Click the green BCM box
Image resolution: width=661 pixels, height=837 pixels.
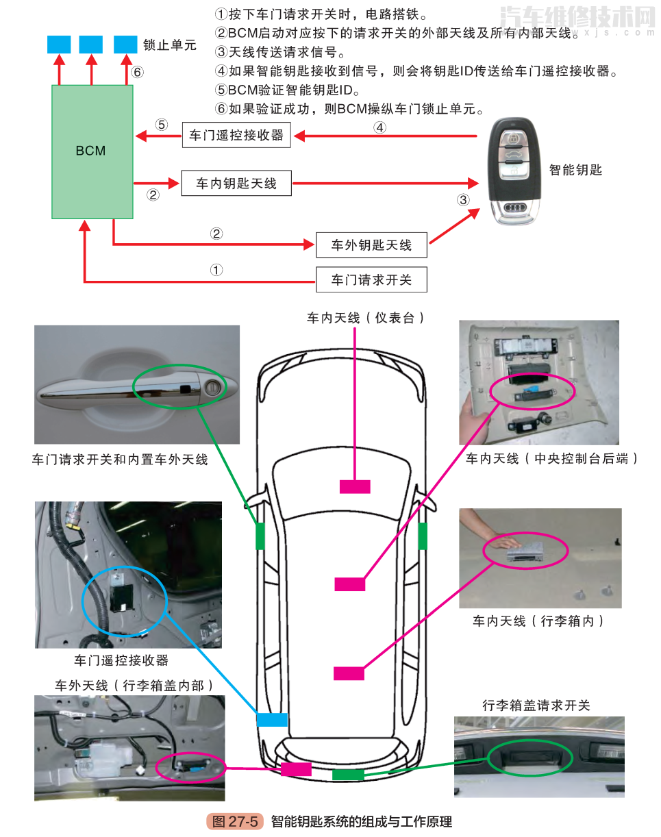(x=92, y=151)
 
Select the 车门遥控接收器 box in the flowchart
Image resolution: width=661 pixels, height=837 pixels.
(x=236, y=135)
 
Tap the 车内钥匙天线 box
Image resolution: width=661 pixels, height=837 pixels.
(x=236, y=183)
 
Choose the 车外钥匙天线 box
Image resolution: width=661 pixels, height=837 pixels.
(x=371, y=245)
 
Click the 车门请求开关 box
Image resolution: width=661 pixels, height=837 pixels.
(x=371, y=279)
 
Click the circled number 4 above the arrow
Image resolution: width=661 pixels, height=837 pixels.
(x=380, y=127)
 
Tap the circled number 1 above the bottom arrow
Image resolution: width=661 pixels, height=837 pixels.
(x=216, y=269)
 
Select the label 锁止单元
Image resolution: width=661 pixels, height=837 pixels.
(x=169, y=45)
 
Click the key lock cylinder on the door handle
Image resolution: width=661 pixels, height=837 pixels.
(x=214, y=389)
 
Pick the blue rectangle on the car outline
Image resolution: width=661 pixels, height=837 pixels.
(x=271, y=720)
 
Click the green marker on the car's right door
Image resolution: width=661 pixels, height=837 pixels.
(x=423, y=536)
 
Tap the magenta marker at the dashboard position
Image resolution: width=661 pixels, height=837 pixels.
(x=355, y=486)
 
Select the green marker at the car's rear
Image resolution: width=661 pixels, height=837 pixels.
(x=348, y=775)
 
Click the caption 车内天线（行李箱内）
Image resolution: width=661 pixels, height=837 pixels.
(x=539, y=621)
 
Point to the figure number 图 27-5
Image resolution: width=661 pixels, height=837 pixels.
(x=235, y=821)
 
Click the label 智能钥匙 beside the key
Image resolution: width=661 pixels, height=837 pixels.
(x=575, y=170)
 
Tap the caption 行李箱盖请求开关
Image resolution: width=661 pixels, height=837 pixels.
(x=536, y=705)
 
